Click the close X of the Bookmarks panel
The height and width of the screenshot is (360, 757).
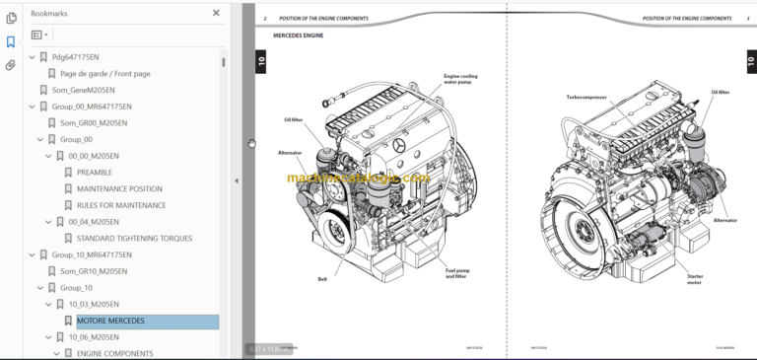tap(216, 14)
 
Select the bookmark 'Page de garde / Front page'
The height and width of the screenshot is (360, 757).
tap(104, 73)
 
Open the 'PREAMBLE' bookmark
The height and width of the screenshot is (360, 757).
tap(95, 172)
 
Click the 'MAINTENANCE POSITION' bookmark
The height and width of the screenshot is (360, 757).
tap(119, 188)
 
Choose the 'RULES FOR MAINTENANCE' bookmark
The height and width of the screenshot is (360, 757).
tap(120, 205)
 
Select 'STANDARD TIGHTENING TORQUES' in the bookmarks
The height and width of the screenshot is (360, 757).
tap(134, 238)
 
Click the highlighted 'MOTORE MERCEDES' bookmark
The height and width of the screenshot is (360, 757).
tap(110, 321)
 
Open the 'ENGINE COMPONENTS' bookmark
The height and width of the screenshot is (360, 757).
tap(114, 353)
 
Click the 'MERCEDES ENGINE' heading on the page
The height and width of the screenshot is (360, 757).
tap(298, 36)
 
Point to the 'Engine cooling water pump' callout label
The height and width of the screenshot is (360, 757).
tap(460, 78)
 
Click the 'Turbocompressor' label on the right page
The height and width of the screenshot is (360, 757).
tap(585, 97)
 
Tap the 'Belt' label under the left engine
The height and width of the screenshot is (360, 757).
tap(322, 279)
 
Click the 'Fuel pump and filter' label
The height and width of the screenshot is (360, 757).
tap(456, 274)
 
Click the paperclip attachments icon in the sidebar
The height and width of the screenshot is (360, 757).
tap(11, 66)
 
